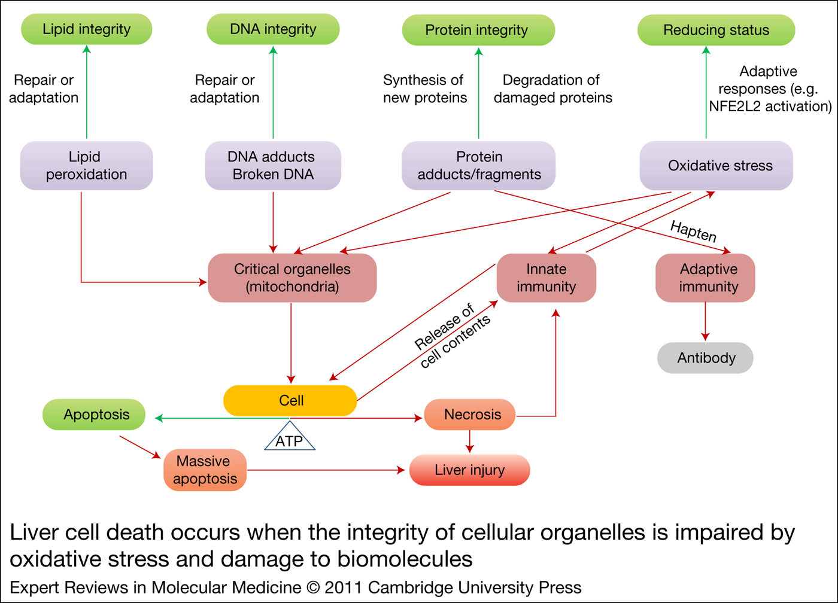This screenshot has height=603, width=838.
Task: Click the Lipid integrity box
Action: [86, 29]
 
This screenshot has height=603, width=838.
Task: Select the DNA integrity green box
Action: [273, 29]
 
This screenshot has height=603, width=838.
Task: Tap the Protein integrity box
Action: [478, 30]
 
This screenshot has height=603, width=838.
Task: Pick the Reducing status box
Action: [716, 30]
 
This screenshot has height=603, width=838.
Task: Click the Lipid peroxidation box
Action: [86, 166]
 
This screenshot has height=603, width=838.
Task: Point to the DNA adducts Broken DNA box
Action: [273, 166]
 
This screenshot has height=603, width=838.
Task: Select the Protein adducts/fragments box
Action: [478, 166]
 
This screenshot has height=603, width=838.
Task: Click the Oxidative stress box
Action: [716, 166]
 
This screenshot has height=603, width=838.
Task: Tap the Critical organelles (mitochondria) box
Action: [292, 278]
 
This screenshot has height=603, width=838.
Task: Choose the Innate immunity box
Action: [546, 278]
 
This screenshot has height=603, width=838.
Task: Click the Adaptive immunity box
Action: [705, 278]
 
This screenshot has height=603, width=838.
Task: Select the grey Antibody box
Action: [705, 358]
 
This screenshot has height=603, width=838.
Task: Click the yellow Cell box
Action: [290, 400]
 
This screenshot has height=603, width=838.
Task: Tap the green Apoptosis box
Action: [94, 415]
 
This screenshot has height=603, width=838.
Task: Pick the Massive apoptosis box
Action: [205, 470]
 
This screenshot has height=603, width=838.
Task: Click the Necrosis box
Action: [470, 415]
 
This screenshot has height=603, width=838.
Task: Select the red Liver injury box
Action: [470, 470]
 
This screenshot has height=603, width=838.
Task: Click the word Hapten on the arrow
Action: [693, 231]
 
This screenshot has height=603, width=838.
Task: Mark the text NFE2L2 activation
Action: [770, 106]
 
